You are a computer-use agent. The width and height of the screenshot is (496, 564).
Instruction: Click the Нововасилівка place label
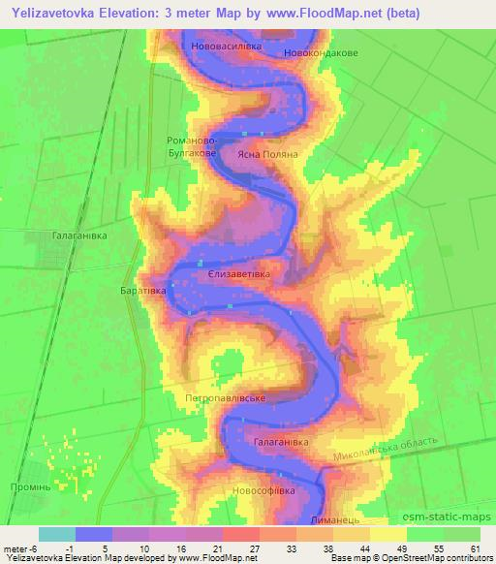[x=228, y=45]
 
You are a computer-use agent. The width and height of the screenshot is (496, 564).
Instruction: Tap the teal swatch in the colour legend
[x=57, y=534]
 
